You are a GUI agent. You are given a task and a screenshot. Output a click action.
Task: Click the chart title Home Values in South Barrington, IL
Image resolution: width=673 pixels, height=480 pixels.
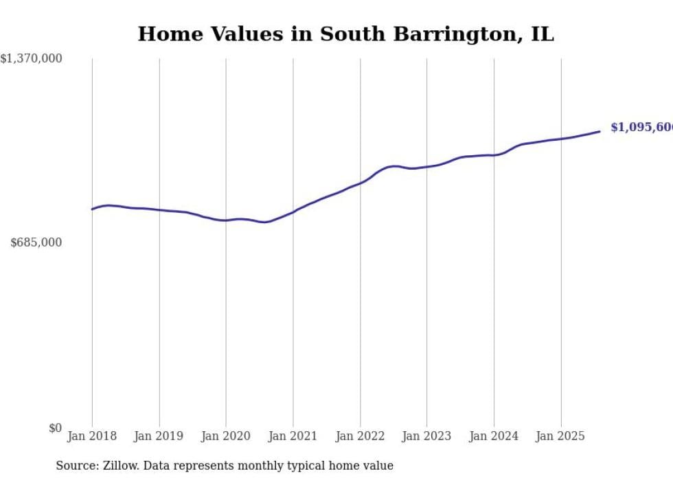[345, 34]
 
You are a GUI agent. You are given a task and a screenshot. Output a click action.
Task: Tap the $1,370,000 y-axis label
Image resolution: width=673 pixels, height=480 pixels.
[31, 59]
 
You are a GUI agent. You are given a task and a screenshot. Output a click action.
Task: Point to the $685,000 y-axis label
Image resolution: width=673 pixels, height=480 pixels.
[36, 242]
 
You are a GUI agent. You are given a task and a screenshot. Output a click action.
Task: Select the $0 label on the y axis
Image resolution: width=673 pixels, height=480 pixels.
[55, 428]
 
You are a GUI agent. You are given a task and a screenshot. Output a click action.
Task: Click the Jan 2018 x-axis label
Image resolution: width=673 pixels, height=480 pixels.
[92, 436]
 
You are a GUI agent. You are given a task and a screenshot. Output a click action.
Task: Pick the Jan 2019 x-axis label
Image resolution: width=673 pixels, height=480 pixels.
[159, 436]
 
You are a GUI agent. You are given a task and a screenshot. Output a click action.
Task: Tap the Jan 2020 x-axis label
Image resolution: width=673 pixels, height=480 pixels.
[226, 436]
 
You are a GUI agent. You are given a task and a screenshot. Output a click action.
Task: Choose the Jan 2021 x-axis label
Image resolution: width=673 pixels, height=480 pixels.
[293, 436]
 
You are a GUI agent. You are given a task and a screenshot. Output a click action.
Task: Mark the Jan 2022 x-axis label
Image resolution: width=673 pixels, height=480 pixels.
[360, 436]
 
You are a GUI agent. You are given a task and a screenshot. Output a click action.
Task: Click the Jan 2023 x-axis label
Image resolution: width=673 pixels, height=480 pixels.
[426, 436]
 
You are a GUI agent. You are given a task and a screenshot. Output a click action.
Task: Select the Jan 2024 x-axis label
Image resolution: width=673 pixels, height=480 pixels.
[494, 436]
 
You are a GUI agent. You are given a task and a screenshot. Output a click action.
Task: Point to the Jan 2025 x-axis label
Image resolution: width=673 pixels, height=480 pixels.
[560, 436]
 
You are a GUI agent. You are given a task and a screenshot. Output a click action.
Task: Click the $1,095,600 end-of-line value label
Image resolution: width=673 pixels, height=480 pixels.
[641, 128]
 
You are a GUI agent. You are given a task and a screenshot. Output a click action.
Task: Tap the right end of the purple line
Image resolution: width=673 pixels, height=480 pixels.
[600, 131]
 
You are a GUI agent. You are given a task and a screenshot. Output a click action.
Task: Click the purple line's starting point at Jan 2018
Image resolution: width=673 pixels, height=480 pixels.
[92, 209]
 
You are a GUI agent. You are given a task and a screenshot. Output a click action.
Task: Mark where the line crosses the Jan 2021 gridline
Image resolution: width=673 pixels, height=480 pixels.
[293, 212]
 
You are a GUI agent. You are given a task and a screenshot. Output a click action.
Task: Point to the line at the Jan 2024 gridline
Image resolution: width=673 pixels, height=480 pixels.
[494, 155]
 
